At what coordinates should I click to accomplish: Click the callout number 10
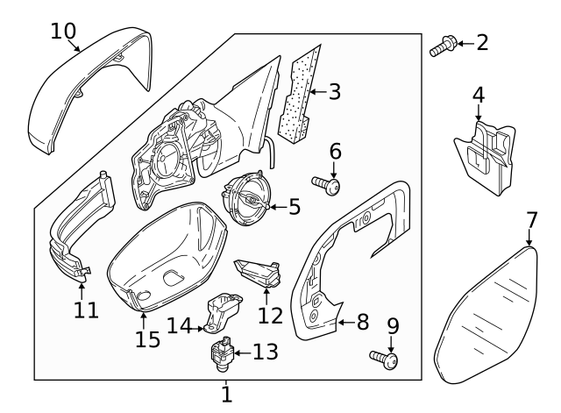point(62,31)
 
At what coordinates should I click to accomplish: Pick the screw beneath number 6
point(330,185)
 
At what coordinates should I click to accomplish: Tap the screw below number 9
point(385,359)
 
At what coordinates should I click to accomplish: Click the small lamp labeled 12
point(258,273)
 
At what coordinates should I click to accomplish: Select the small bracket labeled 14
point(222,314)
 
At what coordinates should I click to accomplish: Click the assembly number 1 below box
point(226,395)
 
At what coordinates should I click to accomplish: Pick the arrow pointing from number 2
point(463,42)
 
